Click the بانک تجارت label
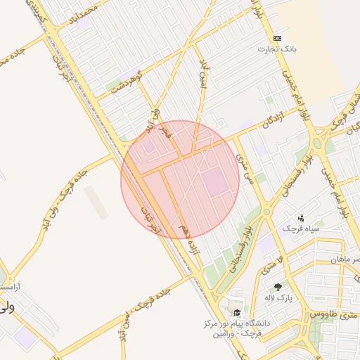[x=276, y=49]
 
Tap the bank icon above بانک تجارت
[x=277, y=38]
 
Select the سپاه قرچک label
[x=301, y=229]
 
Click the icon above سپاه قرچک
[x=302, y=217]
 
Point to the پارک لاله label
[x=278, y=298]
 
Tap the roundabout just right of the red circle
[x=266, y=212]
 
